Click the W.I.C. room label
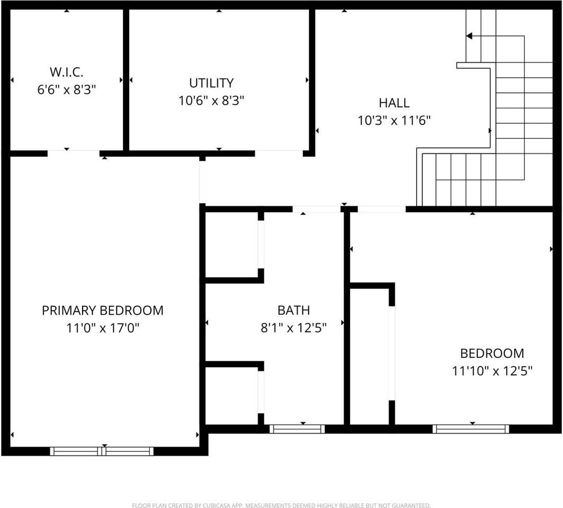click(x=67, y=71)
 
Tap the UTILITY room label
click(x=211, y=83)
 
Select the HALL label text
click(x=394, y=103)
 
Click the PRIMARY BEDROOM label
click(x=103, y=311)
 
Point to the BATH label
click(x=293, y=311)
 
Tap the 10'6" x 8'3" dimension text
click(x=211, y=100)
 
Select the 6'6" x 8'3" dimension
click(x=67, y=89)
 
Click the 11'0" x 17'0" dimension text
click(x=103, y=328)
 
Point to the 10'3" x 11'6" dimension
click(x=394, y=121)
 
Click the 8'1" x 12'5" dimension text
click(x=293, y=328)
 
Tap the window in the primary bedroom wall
click(x=102, y=451)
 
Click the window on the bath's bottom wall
click(x=297, y=429)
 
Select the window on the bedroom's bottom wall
click(x=471, y=429)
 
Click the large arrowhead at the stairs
click(x=469, y=36)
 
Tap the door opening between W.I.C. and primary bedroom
click(x=73, y=153)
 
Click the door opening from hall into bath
click(x=317, y=209)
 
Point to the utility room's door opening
click(x=279, y=153)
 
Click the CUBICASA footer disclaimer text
click(x=281, y=505)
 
